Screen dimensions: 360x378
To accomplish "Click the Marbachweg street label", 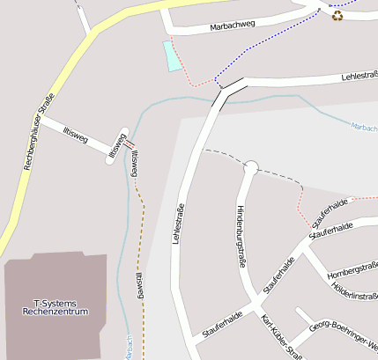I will pos(233,26).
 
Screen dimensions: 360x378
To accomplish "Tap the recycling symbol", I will pos(337,15).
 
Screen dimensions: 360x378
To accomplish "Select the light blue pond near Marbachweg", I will pos(172,55).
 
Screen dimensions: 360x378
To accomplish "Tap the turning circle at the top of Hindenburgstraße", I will pos(250,166).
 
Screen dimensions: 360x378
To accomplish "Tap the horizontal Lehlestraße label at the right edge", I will pos(358,77).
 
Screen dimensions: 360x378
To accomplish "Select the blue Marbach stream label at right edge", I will pos(364,127).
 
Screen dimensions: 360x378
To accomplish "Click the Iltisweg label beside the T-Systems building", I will pos(139,286).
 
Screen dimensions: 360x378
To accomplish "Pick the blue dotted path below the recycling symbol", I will pos(264,44).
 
